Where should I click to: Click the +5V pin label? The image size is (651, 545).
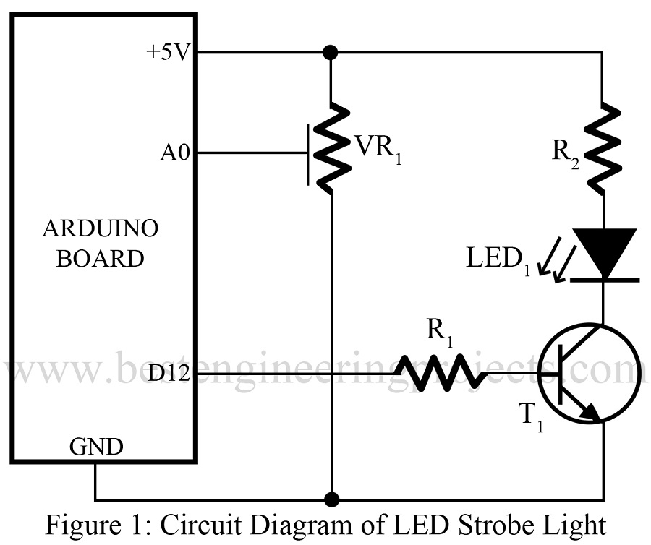pos(167,53)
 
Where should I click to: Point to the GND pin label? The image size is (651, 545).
pos(95,447)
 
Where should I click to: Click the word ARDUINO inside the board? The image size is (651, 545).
pos(100,229)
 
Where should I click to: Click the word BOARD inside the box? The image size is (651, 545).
pos(100,258)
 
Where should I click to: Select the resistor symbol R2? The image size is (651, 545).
pos(603,148)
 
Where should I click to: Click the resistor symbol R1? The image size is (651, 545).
pos(439,372)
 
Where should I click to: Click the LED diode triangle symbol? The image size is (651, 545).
pos(603,253)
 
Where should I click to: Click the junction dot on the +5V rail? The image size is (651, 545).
pos(331,52)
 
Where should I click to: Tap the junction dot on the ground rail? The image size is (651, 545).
pos(331,499)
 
